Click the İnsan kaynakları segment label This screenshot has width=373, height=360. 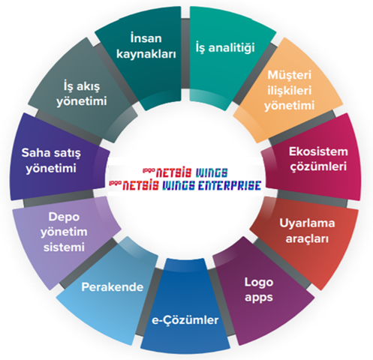coord(146,46)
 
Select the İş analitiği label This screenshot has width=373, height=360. coord(225,47)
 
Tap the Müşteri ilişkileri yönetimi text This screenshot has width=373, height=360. coord(290,90)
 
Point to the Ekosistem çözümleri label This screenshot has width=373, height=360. coord(318,159)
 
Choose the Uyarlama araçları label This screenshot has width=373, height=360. coord(307,231)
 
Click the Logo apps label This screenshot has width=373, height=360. coord(259,289)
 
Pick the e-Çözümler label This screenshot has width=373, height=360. coord(185,320)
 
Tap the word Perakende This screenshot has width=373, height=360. coord(113,287)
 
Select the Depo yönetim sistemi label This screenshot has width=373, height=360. coord(64,232)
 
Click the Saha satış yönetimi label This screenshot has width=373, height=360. coord(51,160)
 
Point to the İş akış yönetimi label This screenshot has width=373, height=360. coord(82,94)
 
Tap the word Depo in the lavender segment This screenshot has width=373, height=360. coord(64,217)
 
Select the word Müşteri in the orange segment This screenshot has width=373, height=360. coord(290,75)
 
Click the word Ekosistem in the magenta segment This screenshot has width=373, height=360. coord(318,151)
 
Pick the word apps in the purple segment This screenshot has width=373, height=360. coord(259,298)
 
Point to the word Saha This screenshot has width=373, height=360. coord(34,153)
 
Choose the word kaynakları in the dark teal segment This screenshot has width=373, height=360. coord(146,54)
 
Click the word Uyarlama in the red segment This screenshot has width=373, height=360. coord(307,223)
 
